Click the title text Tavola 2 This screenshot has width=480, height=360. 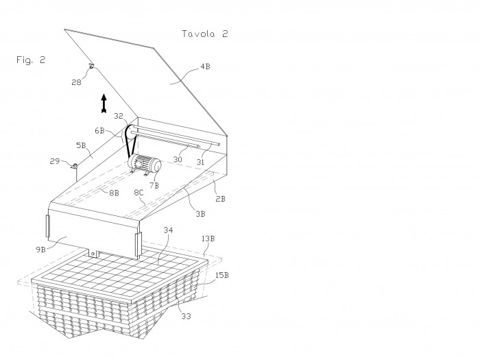tap(205, 34)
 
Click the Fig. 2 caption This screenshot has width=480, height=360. tap(31, 60)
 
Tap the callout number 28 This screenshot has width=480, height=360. tap(76, 82)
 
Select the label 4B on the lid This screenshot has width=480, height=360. tap(205, 67)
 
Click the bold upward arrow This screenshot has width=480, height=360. tap(104, 103)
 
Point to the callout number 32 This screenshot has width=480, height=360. tap(118, 116)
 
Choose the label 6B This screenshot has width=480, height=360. tap(99, 131)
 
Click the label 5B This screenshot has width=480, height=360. tap(81, 145)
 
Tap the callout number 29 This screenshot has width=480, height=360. tap(54, 161)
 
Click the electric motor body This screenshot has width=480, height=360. tap(145, 165)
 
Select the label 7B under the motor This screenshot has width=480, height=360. tap(154, 185)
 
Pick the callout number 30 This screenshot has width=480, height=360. tap(178, 160)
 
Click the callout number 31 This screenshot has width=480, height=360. tap(200, 162)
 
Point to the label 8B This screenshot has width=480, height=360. tap(115, 193)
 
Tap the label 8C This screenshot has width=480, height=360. tap(139, 192)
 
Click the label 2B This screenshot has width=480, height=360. tap(220, 199)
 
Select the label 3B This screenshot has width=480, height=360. tap(200, 214)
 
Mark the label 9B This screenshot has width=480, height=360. tap(40, 250)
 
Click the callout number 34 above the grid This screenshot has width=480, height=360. tap(168, 230)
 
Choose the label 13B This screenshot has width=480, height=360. tap(208, 239)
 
